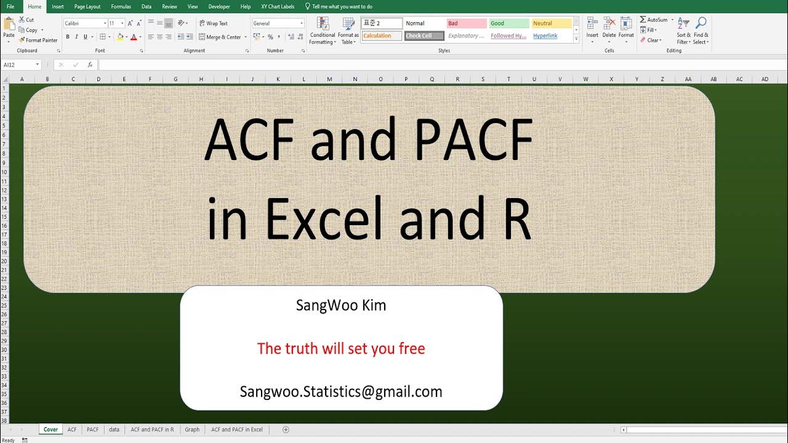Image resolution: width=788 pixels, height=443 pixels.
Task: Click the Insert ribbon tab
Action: tap(58, 7)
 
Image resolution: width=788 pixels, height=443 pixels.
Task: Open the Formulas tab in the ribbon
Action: tap(121, 7)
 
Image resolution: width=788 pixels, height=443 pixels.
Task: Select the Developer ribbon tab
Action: tap(219, 7)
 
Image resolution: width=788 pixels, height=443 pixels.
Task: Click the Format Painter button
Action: tap(38, 40)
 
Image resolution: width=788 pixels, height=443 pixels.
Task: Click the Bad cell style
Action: tap(467, 23)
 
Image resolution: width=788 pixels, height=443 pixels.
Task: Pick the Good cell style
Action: tap(509, 23)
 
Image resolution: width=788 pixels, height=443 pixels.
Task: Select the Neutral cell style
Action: tap(552, 23)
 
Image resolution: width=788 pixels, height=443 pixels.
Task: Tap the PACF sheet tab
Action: tap(92, 429)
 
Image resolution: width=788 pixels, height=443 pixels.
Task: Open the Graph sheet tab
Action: tap(192, 429)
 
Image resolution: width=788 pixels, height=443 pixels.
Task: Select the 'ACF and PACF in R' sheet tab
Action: tap(152, 429)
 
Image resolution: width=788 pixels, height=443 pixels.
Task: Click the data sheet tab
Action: tap(114, 429)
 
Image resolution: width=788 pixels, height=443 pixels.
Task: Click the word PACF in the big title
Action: tap(473, 141)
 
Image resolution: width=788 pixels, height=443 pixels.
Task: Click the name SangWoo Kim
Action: tap(341, 305)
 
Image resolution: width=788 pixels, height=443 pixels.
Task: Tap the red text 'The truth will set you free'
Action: tap(341, 349)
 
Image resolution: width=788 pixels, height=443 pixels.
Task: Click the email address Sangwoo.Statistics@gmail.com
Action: tap(341, 392)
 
